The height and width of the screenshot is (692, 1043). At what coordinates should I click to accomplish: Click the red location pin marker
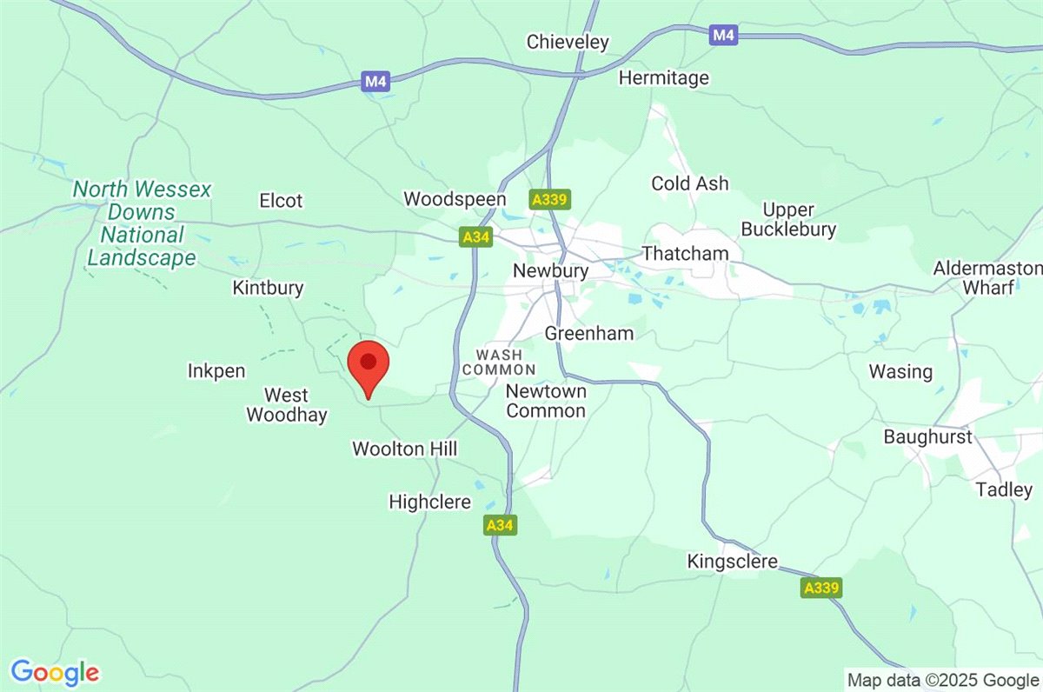369,367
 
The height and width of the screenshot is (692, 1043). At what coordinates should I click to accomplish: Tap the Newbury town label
550,270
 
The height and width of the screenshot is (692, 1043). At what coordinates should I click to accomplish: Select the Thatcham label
685,254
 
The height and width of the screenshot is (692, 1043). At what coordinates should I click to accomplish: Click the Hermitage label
663,78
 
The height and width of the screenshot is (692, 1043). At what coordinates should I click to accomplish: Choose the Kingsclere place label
731,562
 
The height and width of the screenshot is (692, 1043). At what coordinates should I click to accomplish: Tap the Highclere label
429,502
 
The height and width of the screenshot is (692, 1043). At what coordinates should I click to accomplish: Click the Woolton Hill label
404,449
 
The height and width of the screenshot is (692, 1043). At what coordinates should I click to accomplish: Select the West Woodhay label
287,406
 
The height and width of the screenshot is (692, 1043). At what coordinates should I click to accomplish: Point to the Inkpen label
216,371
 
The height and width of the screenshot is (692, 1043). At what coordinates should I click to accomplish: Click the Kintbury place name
268,288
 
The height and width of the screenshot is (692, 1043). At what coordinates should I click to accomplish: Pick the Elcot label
281,201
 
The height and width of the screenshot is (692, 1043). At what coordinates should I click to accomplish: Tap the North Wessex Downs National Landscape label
142,223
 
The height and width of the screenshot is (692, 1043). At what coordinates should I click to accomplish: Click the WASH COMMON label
499,363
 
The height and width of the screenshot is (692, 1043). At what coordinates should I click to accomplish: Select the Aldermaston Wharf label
987,277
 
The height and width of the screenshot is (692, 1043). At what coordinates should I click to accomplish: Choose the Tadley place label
1004,489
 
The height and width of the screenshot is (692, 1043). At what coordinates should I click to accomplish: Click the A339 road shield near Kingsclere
821,589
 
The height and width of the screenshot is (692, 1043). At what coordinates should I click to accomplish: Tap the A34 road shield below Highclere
501,525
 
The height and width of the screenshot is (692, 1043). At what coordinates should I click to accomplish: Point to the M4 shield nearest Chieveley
723,35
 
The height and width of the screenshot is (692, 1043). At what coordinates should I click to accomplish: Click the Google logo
55,672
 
